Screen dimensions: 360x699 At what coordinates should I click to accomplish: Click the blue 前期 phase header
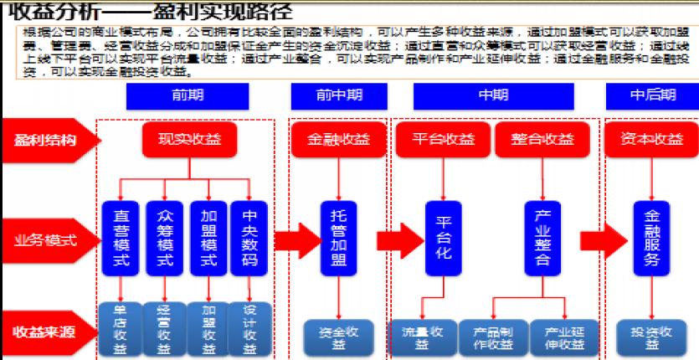188,95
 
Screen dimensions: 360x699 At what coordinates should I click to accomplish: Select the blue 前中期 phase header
339,95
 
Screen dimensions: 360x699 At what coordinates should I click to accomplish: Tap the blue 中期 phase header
493,95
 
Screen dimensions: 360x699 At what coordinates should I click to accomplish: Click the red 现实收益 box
189,139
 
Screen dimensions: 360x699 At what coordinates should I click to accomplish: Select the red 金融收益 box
338,139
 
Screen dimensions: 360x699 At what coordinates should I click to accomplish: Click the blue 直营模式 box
121,238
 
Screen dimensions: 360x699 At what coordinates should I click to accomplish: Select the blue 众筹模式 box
165,238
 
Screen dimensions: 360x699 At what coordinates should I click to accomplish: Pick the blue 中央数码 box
250,238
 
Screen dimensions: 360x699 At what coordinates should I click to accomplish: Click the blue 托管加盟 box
338,238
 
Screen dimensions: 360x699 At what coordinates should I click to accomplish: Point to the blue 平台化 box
443,238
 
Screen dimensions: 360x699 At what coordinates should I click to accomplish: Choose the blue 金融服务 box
652,238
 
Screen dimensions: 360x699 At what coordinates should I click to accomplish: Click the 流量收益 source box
422,336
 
